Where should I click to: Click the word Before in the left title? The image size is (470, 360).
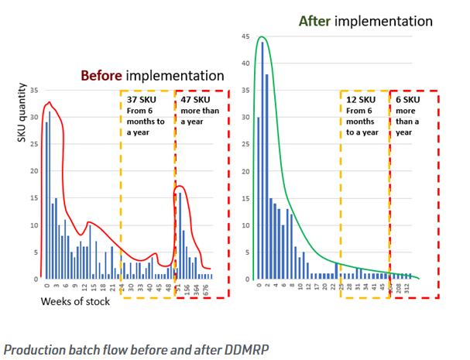pyautogui.click(x=101, y=76)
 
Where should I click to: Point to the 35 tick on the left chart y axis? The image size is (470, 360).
pyautogui.click(x=33, y=91)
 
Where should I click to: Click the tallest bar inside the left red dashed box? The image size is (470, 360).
pyautogui.click(x=180, y=236)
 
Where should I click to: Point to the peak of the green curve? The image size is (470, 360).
pyautogui.click(x=262, y=36)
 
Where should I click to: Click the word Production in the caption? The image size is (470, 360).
pyautogui.click(x=32, y=348)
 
